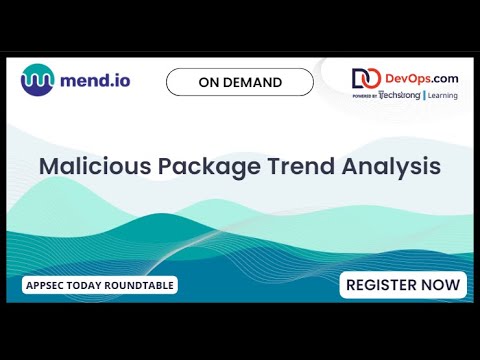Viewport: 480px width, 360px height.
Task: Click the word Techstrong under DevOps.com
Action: pos(400,95)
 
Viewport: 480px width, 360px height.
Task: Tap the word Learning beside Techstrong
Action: pos(442,95)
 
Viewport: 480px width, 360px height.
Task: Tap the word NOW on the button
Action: pos(443,285)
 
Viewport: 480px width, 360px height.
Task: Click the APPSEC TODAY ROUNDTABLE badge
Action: pos(100,286)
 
